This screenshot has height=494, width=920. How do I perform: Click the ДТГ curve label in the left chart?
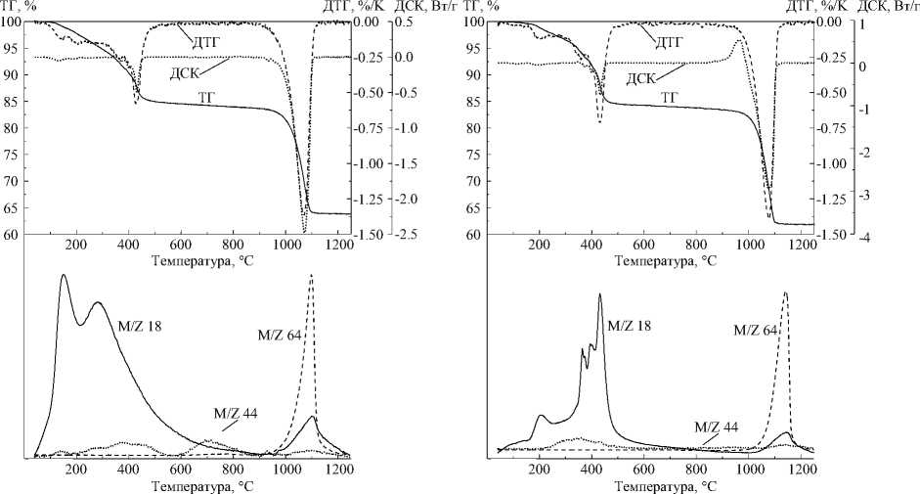point(204,40)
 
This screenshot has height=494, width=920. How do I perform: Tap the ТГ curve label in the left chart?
point(206,97)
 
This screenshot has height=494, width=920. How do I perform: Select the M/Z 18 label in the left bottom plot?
point(139,328)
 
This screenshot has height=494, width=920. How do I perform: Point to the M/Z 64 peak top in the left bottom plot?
point(311,276)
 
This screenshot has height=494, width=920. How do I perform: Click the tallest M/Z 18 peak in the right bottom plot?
point(599,294)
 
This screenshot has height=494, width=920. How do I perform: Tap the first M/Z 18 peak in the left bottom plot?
point(64,276)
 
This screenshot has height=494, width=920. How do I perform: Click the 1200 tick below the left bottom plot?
point(338,469)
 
